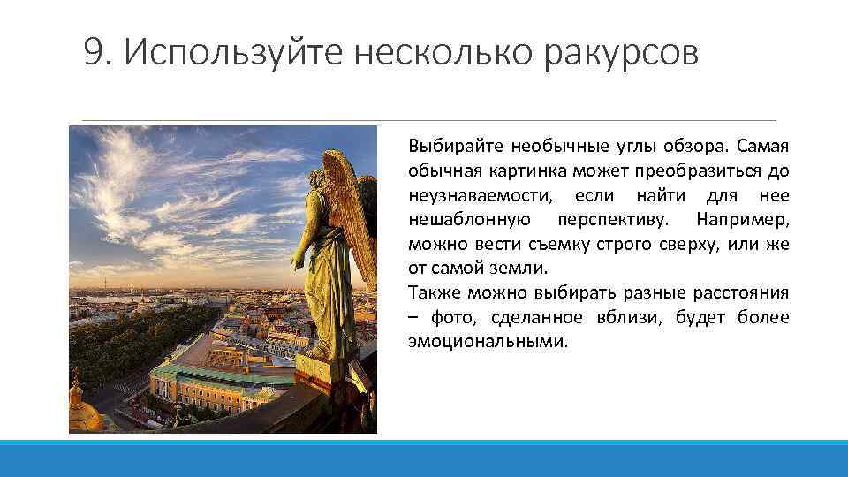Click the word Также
[431, 292]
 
